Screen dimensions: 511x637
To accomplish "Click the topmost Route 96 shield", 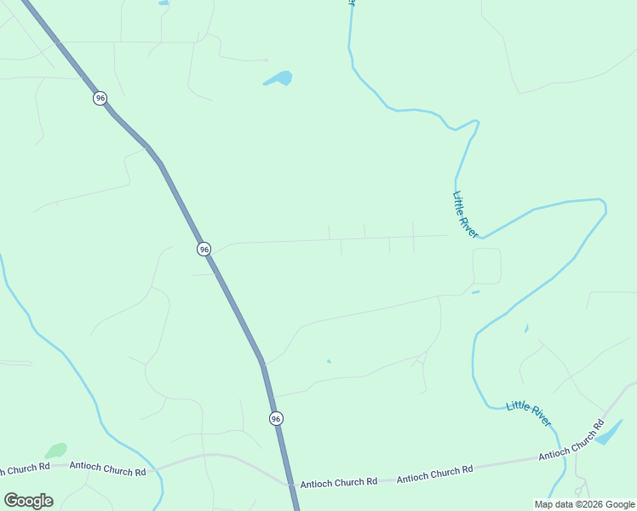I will tap(100, 98).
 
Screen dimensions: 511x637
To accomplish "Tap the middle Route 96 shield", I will tap(204, 249).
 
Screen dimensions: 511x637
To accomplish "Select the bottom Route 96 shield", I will tap(276, 418).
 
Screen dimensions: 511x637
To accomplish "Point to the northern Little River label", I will tap(465, 215).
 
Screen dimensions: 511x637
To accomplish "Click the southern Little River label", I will tap(529, 413).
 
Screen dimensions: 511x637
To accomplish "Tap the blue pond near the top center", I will tap(278, 79).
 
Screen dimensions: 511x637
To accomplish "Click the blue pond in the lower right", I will tap(610, 433).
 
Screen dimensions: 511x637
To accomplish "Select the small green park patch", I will tap(56, 450).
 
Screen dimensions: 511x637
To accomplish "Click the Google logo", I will tap(28, 501).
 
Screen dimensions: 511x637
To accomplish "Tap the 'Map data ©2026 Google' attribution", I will tap(584, 504).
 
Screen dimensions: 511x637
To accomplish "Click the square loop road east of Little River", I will tap(487, 266).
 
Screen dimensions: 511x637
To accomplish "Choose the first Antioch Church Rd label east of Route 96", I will tap(338, 482).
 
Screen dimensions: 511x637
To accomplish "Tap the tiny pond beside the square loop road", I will tap(475, 293).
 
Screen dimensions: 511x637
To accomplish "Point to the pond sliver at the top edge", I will tap(164, 3).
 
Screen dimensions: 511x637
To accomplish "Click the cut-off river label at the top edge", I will tap(351, 3).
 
